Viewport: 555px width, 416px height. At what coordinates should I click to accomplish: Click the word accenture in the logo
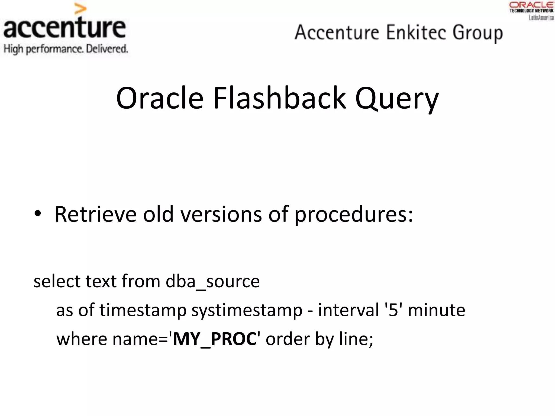[x=64, y=28]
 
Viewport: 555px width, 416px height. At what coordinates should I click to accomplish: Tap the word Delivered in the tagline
[x=107, y=49]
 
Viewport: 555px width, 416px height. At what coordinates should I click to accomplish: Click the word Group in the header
[x=477, y=33]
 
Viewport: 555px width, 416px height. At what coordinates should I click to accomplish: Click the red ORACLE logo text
[x=531, y=5]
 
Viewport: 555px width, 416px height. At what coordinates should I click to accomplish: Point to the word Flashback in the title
[x=280, y=98]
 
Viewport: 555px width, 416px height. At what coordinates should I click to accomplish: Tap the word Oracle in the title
[x=160, y=98]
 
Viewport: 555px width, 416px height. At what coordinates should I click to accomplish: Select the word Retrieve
[x=95, y=214]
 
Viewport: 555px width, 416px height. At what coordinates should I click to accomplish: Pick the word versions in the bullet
[x=221, y=214]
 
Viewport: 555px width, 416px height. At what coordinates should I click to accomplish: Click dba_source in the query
[x=212, y=281]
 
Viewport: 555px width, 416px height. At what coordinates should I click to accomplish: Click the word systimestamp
[x=247, y=310]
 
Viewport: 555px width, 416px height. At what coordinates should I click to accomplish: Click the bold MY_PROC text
[x=215, y=339]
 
